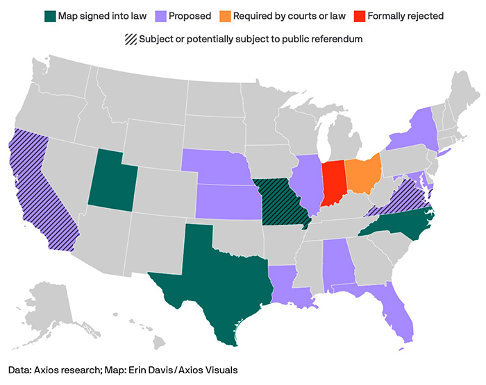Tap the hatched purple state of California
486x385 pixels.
coord(38,187)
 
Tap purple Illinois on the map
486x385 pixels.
coord(308,184)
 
